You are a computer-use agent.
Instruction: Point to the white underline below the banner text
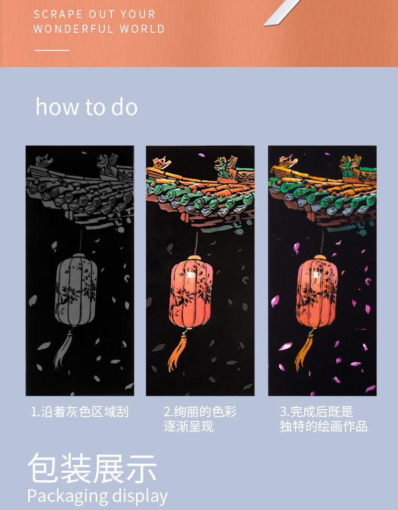pos(52,50)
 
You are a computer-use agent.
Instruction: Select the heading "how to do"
pos(87,107)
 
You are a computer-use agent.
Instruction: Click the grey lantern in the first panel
pos(76,289)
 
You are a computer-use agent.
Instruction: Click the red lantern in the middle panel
pos(191,291)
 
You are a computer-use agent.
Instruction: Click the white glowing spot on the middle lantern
pos(191,275)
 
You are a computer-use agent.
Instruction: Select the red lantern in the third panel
pos(316,291)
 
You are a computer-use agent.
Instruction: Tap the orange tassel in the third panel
pos(304,351)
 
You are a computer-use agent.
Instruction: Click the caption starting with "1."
pos(80,412)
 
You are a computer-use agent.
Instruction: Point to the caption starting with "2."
pos(200,419)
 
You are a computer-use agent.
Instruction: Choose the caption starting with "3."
pos(323,419)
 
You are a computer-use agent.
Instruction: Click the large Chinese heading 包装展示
pos(92,468)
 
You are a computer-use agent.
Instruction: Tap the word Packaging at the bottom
pos(68,497)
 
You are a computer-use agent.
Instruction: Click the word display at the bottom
pos(140,497)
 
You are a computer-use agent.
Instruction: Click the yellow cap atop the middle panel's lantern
pos(194,257)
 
